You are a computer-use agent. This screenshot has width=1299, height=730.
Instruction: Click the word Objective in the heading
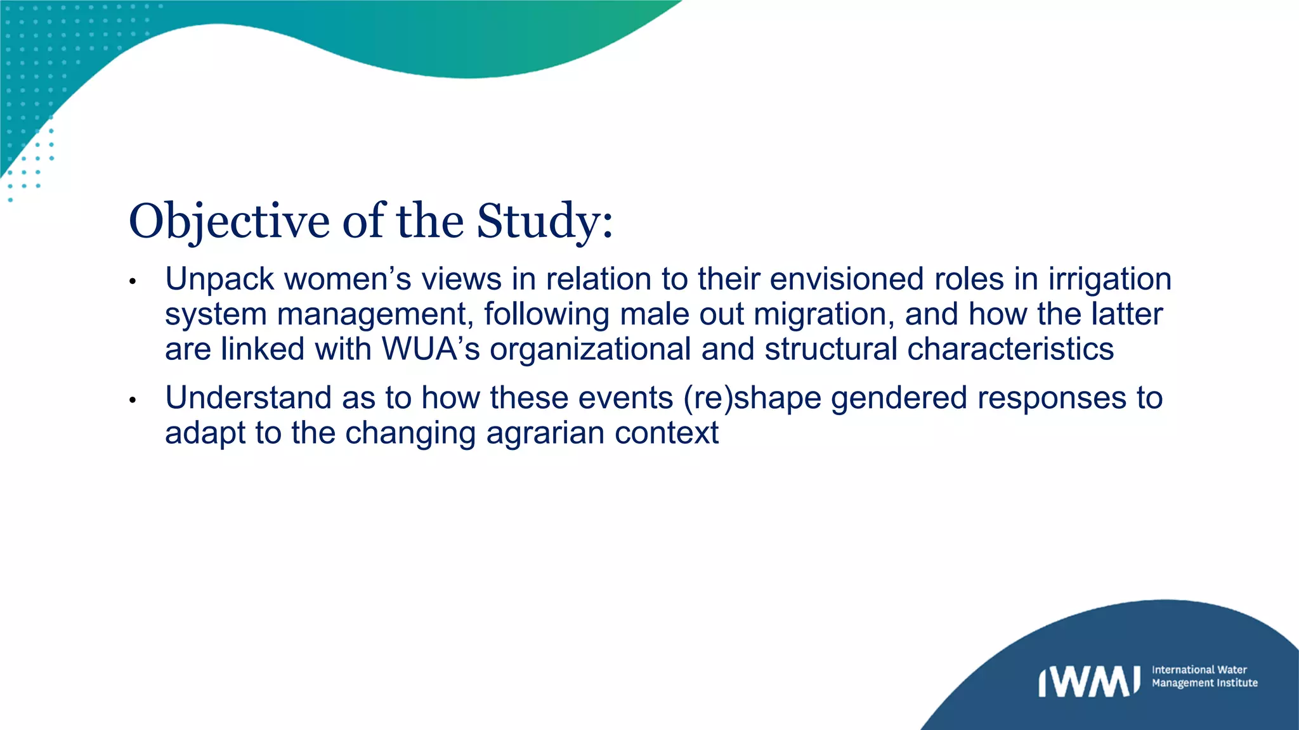pos(229,221)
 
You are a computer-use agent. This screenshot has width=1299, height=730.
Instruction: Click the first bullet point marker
pos(133,281)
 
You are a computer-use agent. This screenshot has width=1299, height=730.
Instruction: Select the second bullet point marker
pos(133,400)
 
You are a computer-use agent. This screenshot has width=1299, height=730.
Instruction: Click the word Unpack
pos(219,279)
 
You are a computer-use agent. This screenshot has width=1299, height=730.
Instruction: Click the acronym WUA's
pos(431,349)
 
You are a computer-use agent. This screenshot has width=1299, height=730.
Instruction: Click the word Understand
pos(248,398)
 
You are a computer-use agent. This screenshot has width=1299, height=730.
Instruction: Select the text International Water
pos(1199,670)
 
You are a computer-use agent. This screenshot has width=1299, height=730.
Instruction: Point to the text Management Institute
pos(1204,683)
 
